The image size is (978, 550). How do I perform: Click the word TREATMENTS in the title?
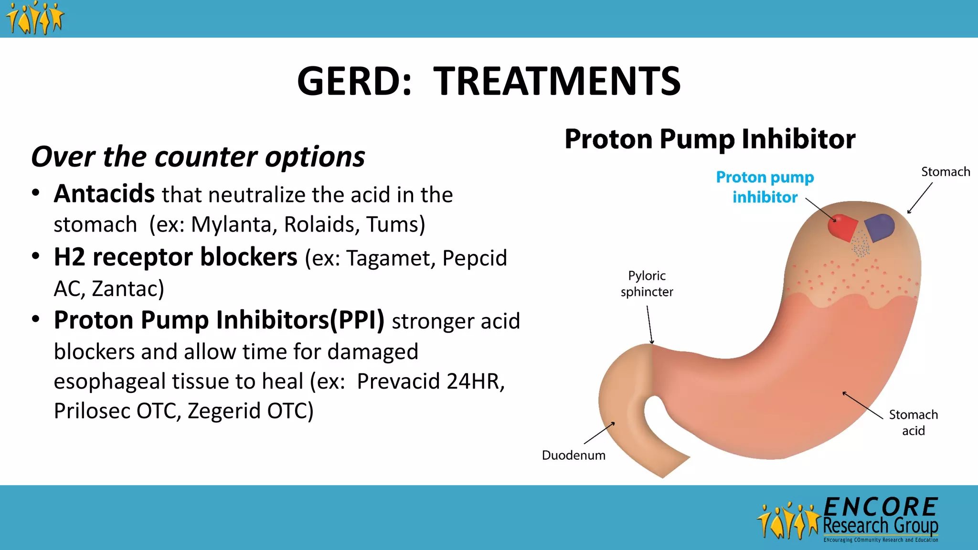click(x=557, y=81)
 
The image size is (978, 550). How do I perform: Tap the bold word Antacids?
click(x=104, y=194)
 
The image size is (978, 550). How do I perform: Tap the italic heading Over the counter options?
click(x=198, y=157)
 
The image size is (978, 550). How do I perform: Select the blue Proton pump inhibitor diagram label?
click(x=765, y=187)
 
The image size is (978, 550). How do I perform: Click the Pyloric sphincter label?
click(x=647, y=284)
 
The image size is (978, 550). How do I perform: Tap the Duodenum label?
click(x=573, y=455)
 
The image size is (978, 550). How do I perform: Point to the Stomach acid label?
click(x=913, y=423)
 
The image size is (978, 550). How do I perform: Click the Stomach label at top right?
click(x=945, y=172)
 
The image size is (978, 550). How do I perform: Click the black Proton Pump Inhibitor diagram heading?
click(x=710, y=139)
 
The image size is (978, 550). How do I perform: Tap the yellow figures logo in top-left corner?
click(x=34, y=18)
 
